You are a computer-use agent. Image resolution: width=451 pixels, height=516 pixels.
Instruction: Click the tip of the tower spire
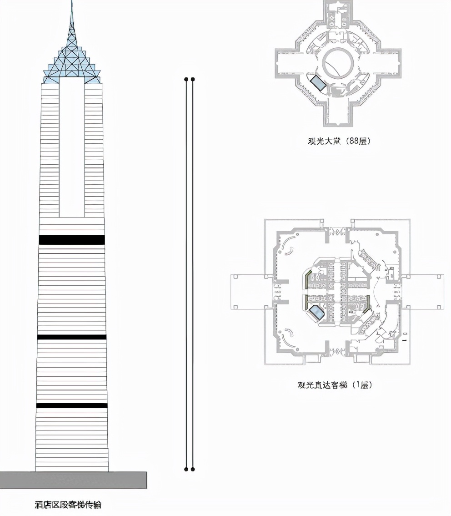tap(72, 1)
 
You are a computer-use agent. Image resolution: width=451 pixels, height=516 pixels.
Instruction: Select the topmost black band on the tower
tap(72, 240)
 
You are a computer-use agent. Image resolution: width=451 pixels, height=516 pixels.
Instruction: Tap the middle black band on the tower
tap(72, 337)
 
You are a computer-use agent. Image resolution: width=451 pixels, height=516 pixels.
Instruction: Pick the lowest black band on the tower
tap(72, 405)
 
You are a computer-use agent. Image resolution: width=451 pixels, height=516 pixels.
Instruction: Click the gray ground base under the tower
tap(73, 480)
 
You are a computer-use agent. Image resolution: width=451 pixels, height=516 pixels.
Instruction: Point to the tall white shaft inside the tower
tap(72, 147)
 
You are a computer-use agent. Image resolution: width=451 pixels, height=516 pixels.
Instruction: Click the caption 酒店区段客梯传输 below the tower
tap(68, 505)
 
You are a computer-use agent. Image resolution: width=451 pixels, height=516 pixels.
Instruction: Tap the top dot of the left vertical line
tap(186, 79)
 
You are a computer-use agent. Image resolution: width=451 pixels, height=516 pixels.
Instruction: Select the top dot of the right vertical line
tap(193, 79)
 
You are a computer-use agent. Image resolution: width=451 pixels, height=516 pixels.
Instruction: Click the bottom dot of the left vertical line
tap(186, 469)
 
